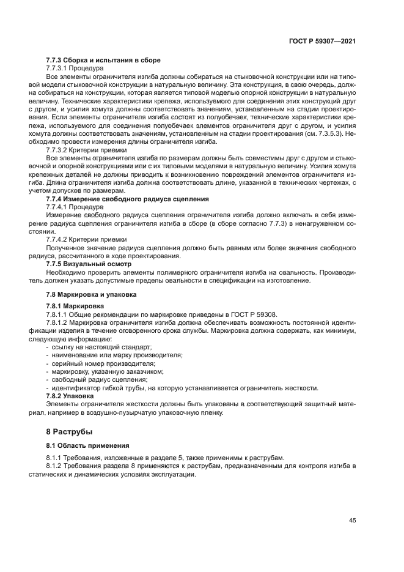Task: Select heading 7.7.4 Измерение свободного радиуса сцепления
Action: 128,199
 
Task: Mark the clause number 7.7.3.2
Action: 59,150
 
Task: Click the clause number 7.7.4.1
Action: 59,207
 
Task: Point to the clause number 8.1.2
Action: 55,466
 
